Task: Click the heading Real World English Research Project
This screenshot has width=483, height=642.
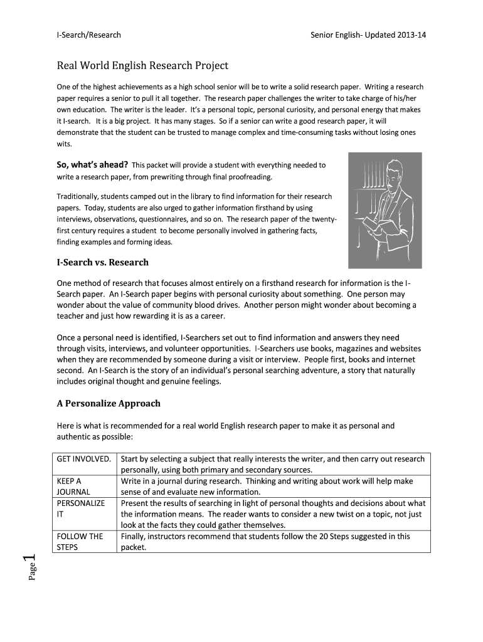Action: tap(142, 66)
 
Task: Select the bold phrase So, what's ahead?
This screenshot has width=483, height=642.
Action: tap(92, 165)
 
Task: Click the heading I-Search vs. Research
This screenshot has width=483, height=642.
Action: tap(102, 262)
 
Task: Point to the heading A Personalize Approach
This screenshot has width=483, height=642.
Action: tap(109, 403)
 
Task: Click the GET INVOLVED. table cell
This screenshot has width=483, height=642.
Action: tap(84, 459)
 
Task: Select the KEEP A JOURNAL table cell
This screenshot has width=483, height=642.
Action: tap(74, 487)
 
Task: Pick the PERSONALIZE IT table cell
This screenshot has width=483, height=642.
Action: tap(81, 508)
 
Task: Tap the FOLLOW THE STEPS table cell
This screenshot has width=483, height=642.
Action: tap(80, 541)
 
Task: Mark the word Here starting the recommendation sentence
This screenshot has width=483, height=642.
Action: tap(66, 426)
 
